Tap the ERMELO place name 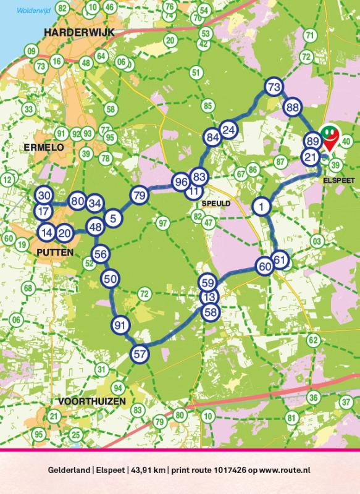click(x=40, y=147)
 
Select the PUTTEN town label click(x=54, y=253)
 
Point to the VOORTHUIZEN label click(x=91, y=401)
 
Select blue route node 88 click(x=293, y=107)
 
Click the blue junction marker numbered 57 click(x=140, y=354)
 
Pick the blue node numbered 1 click(x=262, y=206)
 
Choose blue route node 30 click(x=43, y=195)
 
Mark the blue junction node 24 click(x=228, y=130)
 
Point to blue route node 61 click(x=280, y=260)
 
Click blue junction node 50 click(x=111, y=279)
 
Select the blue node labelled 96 click(x=180, y=182)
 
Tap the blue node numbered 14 click(x=46, y=233)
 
